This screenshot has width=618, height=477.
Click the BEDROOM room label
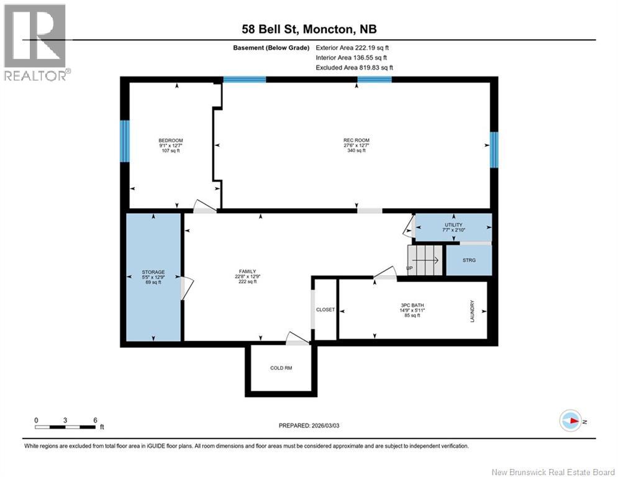[171, 140]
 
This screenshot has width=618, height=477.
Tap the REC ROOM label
[357, 140]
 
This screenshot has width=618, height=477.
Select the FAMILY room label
[248, 271]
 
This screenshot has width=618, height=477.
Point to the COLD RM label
[281, 368]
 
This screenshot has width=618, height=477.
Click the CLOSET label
[325, 309]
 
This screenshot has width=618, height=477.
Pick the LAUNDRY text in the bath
[472, 311]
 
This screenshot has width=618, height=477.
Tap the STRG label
[469, 260]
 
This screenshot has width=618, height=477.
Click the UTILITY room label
[453, 225]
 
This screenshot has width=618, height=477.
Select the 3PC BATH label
[412, 305]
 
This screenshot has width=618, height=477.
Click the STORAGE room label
[153, 272]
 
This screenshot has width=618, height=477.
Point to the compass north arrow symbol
[571, 420]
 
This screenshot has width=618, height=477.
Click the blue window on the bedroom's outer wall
[125, 141]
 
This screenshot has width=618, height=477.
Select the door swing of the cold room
[297, 339]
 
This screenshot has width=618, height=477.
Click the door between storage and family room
[186, 288]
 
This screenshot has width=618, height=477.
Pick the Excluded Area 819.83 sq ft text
[354, 68]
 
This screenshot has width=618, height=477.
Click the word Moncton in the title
[328, 29]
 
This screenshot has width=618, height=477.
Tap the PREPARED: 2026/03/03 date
[309, 425]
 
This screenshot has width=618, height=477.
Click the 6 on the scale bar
[95, 420]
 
